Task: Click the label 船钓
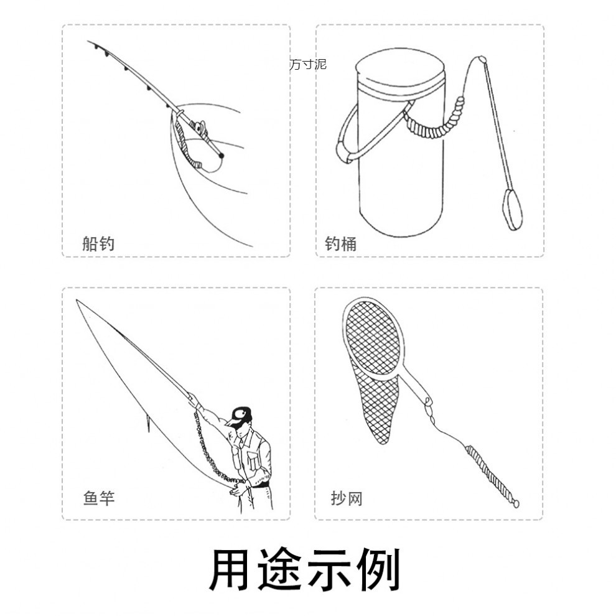98,243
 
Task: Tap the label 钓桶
340,243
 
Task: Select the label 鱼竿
99,498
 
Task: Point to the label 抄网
347,498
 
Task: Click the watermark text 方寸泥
307,64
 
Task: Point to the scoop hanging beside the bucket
512,209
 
